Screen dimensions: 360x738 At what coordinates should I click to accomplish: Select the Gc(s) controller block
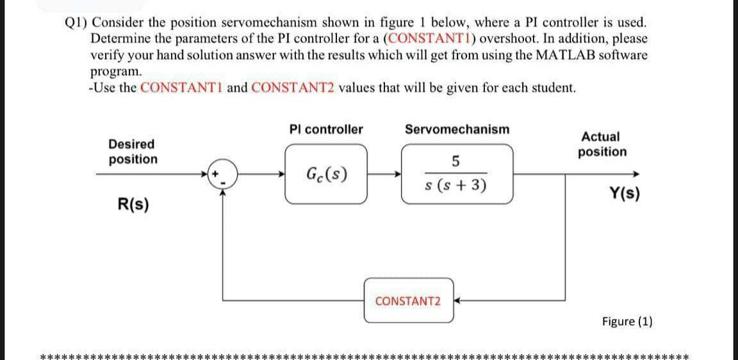(326, 174)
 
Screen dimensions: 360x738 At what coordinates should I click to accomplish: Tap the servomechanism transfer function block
(457, 174)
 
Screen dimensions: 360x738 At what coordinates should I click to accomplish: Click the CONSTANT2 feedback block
(408, 301)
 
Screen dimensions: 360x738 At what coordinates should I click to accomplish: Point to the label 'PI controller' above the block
(325, 129)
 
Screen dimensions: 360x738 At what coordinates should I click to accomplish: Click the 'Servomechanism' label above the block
(457, 129)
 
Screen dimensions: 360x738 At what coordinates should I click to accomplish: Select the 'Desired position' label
(132, 152)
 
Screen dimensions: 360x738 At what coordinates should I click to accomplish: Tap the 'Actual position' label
(602, 144)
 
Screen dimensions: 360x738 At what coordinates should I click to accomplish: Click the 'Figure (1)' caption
(627, 322)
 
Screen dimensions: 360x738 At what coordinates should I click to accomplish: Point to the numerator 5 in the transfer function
(455, 161)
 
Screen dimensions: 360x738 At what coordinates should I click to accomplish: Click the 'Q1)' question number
(77, 22)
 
